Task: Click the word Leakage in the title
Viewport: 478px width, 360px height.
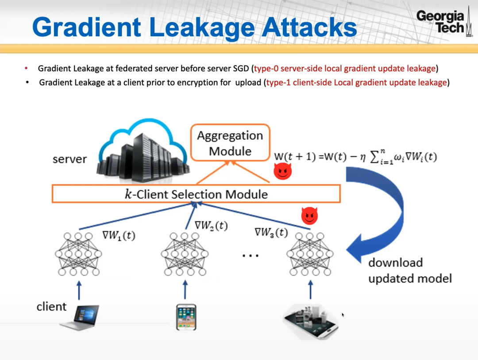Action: [202, 28]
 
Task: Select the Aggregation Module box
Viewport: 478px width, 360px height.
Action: [230, 143]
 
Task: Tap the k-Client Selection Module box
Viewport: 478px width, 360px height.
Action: [196, 194]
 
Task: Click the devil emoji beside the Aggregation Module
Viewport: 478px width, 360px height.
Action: [282, 171]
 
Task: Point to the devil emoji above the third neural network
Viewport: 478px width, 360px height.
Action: [309, 216]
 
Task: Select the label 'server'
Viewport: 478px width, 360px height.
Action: [69, 159]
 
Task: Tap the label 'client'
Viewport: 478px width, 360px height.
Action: [51, 306]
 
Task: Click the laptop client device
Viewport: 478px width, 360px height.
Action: [80, 317]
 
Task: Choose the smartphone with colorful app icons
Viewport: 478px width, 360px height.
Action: [186, 317]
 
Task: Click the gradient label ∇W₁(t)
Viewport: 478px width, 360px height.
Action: [119, 236]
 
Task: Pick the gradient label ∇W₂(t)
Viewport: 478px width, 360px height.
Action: [211, 226]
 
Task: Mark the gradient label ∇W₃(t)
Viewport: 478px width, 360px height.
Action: [271, 233]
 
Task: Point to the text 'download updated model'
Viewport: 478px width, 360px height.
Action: [410, 271]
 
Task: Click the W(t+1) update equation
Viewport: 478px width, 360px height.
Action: [355, 157]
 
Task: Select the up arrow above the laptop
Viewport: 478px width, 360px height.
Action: [79, 290]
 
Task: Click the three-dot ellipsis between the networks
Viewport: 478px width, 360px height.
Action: [250, 255]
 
